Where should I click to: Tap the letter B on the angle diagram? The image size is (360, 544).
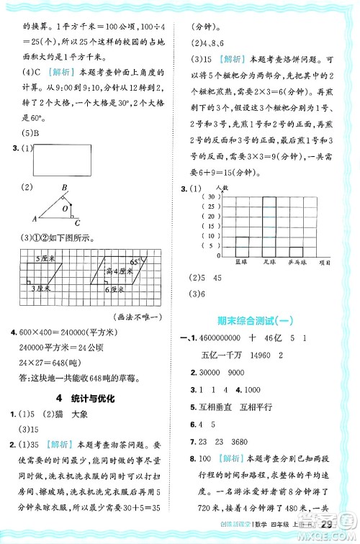click(x=65, y=188)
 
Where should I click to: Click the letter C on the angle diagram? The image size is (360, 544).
click(x=77, y=222)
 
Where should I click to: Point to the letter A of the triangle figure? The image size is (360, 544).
click(x=34, y=218)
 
